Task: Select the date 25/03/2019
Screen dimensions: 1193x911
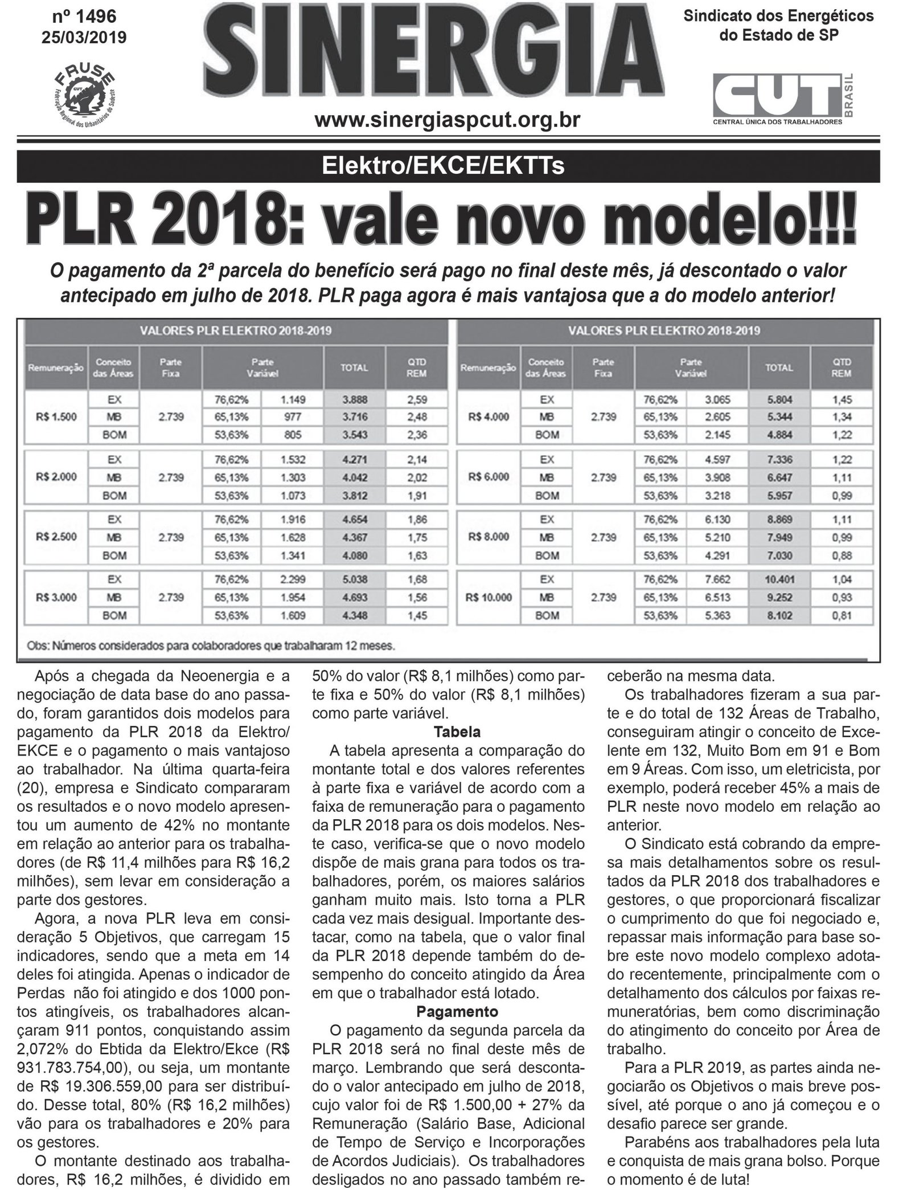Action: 84,38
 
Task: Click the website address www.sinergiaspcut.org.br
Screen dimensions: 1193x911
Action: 448,120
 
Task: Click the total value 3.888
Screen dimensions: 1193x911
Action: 354,399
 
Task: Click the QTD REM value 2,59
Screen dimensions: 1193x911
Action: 417,399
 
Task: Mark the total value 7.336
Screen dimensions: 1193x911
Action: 778,460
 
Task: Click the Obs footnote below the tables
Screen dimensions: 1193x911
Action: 211,647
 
